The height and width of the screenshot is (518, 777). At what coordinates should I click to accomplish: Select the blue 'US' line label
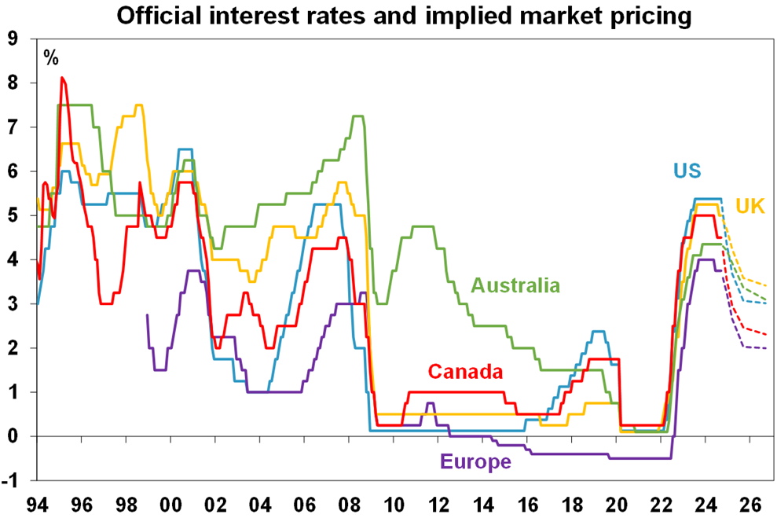coord(687,171)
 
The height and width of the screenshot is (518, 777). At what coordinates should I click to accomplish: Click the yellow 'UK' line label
coord(750,206)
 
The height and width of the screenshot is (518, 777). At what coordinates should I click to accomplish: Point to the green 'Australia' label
coord(515,285)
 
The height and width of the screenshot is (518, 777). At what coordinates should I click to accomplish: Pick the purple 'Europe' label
coord(476,461)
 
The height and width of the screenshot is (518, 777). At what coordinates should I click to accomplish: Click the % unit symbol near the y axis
coord(51,57)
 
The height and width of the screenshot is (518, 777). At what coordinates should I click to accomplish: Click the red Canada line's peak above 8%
coord(63,78)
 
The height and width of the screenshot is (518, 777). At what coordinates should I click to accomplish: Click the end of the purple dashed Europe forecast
coord(768,348)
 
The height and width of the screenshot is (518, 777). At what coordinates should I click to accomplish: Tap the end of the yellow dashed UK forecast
coord(768,285)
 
